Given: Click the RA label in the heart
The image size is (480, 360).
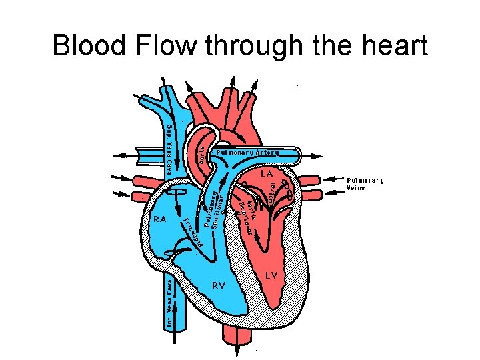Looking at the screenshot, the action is click(x=160, y=218).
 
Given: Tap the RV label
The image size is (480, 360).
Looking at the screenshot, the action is click(x=218, y=285).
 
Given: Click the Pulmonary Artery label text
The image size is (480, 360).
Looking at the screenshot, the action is click(x=248, y=153).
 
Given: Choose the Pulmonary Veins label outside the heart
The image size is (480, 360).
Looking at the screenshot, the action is click(x=365, y=183).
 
